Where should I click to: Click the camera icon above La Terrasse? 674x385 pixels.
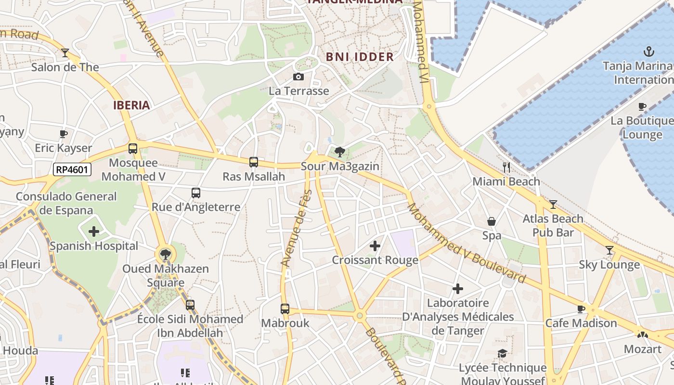(x=298, y=77)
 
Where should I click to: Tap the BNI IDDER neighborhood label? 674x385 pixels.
(x=360, y=57)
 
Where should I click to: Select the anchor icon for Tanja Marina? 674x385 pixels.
(x=649, y=51)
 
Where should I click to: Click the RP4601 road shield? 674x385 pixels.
(x=72, y=169)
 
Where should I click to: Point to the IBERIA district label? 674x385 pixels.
(x=131, y=105)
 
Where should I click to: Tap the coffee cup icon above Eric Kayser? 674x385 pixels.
(x=63, y=134)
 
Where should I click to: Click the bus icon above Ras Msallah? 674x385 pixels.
(x=254, y=162)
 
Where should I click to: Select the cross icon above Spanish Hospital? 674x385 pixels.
(x=94, y=232)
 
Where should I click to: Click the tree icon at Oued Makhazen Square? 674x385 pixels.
(x=165, y=254)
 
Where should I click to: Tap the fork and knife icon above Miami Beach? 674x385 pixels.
(x=506, y=167)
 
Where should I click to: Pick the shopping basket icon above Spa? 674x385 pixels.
(x=492, y=221)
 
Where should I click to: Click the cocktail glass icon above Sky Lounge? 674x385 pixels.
(x=609, y=250)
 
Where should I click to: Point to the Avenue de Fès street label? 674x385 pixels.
(x=296, y=229)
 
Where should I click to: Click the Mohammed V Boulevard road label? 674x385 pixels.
(x=466, y=244)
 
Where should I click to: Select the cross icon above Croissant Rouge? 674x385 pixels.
(x=375, y=246)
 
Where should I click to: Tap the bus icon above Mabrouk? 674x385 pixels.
(x=285, y=308)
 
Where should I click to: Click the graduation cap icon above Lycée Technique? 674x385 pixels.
(x=502, y=354)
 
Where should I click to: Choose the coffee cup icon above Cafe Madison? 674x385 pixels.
(x=581, y=309)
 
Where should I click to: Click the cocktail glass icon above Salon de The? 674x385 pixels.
(x=65, y=52)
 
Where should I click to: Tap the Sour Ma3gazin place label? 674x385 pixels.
(x=340, y=167)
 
